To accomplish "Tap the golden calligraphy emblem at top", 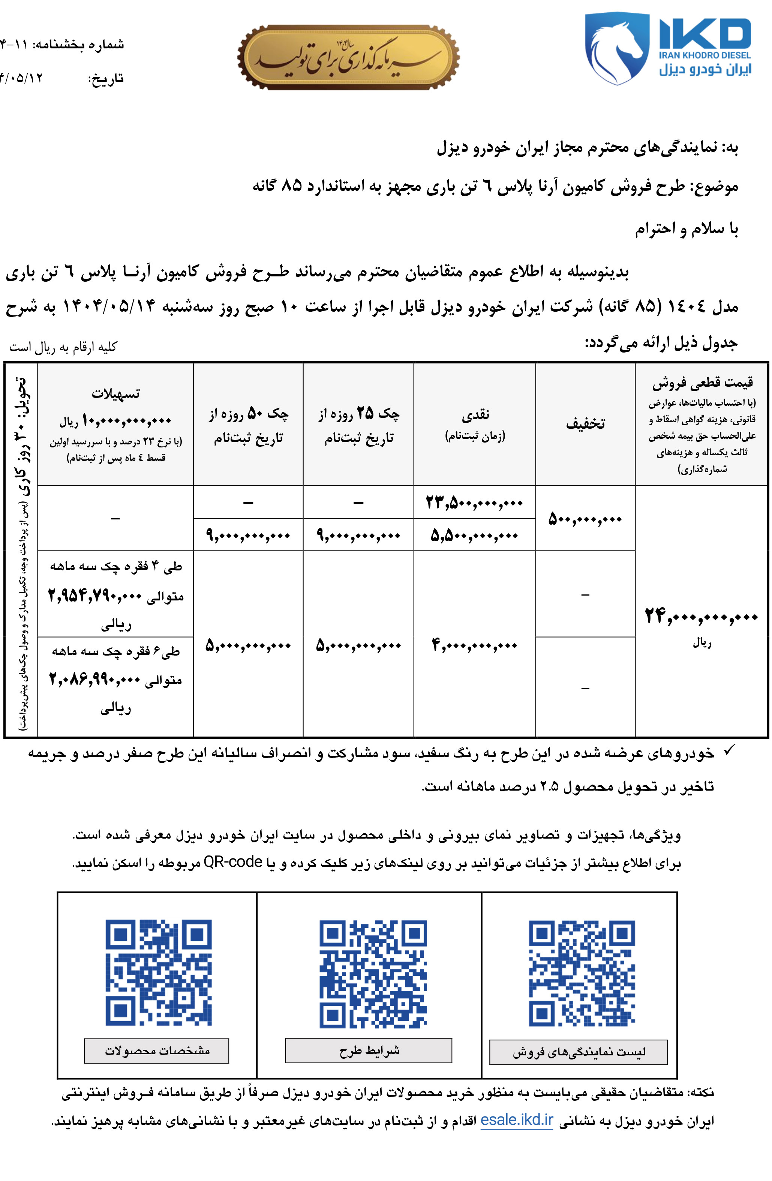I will pos(348,57).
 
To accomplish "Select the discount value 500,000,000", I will pos(585,519).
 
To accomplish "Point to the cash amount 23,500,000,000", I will pos(474,503).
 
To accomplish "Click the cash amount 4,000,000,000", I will pos(474,645).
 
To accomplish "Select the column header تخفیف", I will pos(585,424).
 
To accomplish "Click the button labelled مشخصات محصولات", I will pos(156,1050).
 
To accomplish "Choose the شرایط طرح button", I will pos(368,1050).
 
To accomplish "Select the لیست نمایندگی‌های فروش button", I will pos(578,1052).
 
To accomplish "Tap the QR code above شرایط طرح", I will pos(373,974).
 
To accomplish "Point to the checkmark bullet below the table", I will pos(728,752).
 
